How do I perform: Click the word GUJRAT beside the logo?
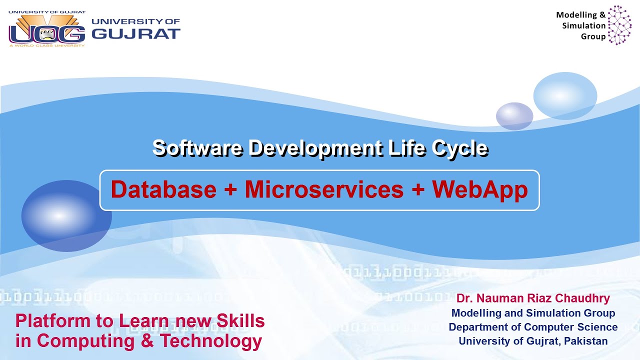pos(136,34)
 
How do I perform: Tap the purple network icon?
pos(619,25)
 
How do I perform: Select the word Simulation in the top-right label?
pos(583,25)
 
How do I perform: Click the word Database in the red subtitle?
pos(163,189)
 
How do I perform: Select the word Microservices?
pos(324,189)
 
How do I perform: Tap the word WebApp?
pos(480,189)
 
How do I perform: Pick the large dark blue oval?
pos(66,216)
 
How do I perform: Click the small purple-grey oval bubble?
pos(514,116)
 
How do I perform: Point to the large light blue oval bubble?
pos(565,95)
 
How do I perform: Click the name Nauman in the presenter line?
pos(503,299)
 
